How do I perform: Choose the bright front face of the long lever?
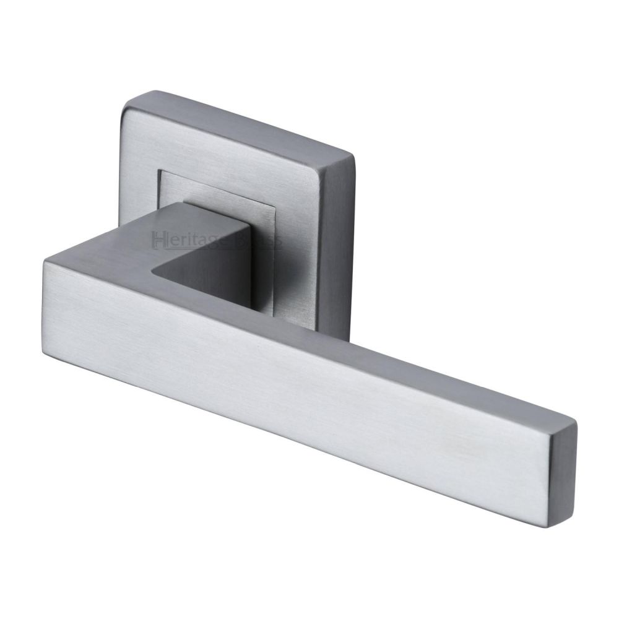(279, 384)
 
